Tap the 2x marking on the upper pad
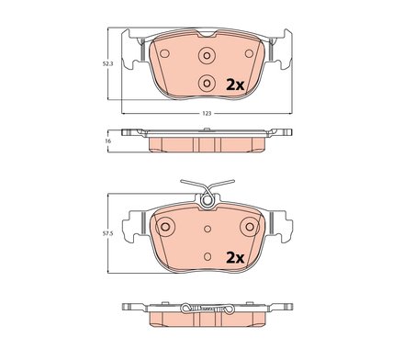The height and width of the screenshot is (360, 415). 234,84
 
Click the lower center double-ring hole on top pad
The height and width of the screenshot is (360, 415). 207,82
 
